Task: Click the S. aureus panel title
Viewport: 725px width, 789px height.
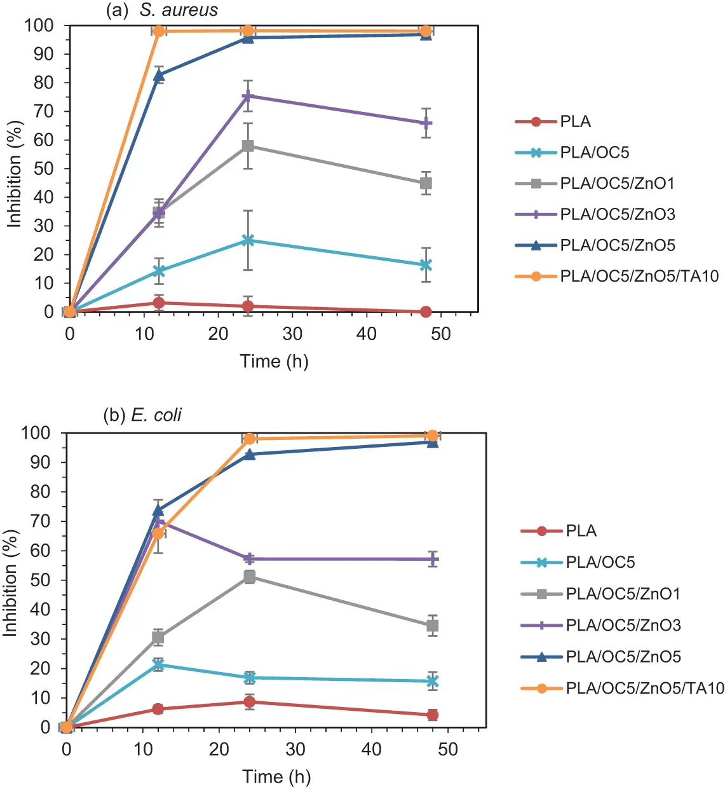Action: pos(162,10)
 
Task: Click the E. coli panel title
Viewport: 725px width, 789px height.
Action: pos(142,415)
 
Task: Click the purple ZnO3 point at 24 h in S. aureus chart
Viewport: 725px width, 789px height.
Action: pos(248,96)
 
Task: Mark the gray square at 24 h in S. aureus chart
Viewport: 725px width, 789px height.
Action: pos(248,146)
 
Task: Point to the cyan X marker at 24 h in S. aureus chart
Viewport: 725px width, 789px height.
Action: pos(248,240)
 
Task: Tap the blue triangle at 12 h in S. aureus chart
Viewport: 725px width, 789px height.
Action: pos(159,75)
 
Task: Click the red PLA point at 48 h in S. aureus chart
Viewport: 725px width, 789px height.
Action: pos(426,312)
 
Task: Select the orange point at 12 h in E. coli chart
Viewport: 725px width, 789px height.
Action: pos(158,533)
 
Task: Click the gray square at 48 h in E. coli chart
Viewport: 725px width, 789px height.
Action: pos(433,626)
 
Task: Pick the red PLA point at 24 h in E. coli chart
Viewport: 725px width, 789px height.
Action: pos(250,702)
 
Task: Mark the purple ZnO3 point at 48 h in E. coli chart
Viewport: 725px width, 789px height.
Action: pos(433,559)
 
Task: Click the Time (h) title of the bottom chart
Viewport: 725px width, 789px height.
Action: pos(276,776)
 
